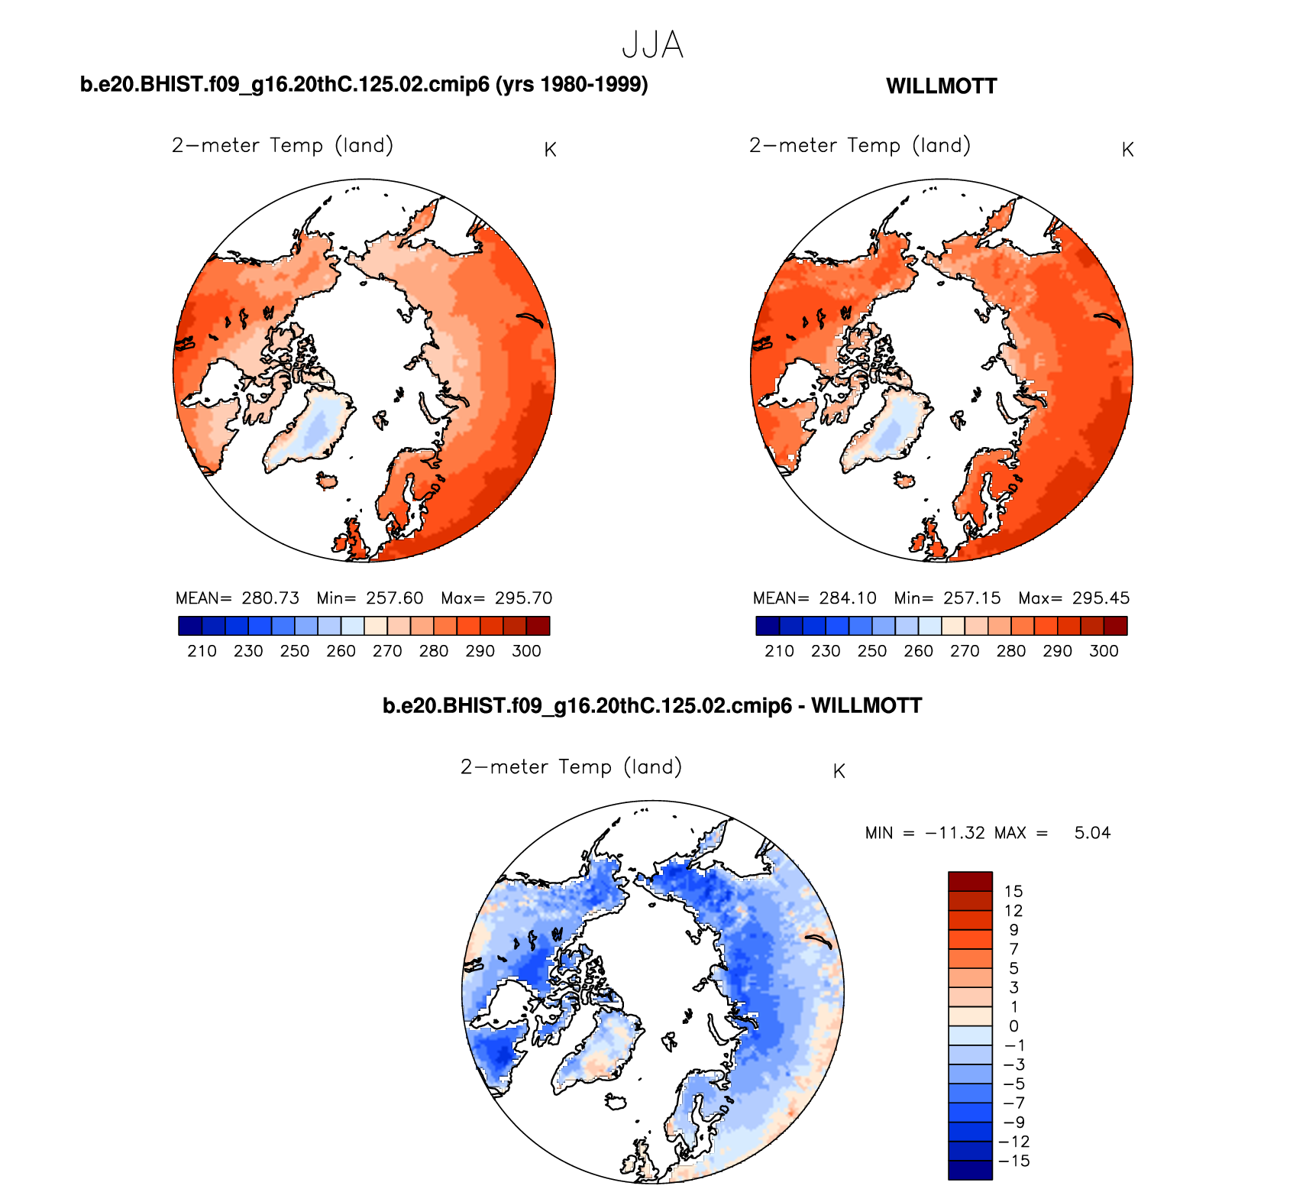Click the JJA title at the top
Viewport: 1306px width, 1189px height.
[x=652, y=45]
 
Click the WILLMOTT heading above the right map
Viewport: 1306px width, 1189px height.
[x=941, y=86]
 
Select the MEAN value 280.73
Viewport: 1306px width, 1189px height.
[x=270, y=598]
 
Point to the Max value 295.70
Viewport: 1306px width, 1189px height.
[x=523, y=598]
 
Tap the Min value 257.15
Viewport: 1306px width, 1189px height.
[x=971, y=598]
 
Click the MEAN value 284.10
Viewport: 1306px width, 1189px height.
[x=848, y=598]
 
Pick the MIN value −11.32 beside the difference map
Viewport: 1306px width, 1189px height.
[x=955, y=833]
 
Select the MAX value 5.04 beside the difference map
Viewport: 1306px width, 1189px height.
[x=1092, y=833]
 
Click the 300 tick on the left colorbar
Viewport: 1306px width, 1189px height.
[x=526, y=651]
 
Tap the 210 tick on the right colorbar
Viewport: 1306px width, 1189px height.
[x=779, y=651]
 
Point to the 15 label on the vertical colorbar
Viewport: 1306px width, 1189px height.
[x=1013, y=892]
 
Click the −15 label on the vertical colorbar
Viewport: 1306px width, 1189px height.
[x=1013, y=1161]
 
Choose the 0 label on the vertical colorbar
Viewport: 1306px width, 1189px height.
[x=1013, y=1026]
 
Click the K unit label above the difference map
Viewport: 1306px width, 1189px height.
[x=839, y=772]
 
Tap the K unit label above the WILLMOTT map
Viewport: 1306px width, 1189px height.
[x=1127, y=150]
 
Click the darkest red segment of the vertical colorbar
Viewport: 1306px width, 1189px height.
[x=970, y=881]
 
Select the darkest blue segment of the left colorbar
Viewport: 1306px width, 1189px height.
[x=189, y=626]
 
